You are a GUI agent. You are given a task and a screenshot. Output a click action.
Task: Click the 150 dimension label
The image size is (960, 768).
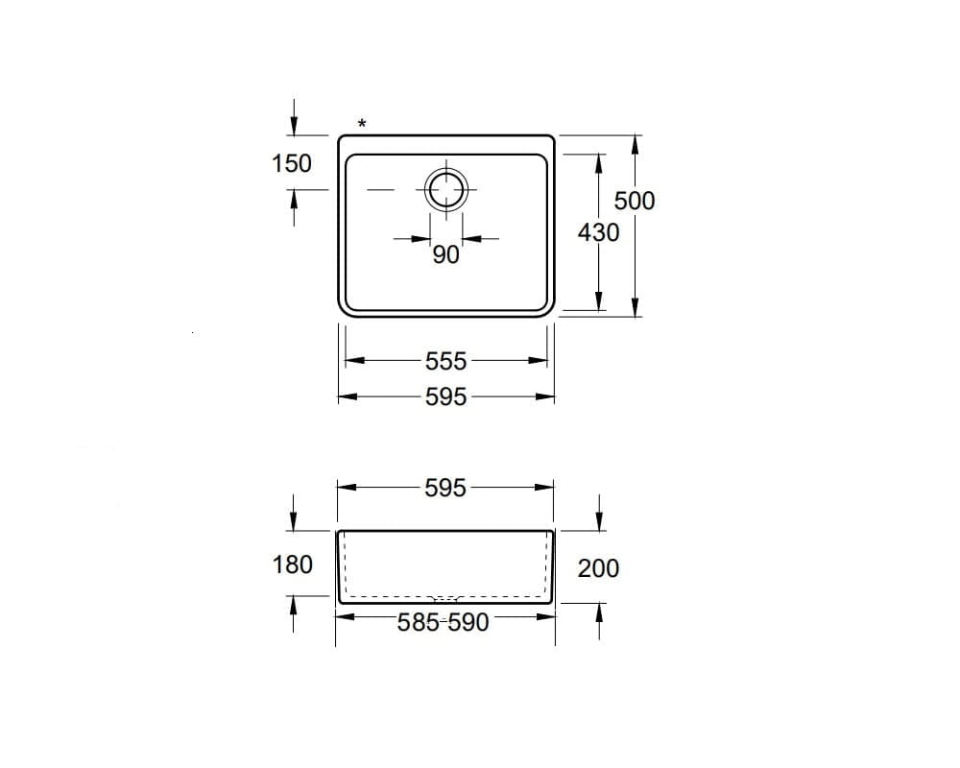pos(292,163)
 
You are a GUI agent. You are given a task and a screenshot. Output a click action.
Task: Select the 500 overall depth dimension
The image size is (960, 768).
pos(635,201)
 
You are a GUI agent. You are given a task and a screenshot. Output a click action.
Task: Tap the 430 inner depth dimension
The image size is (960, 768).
pos(598,232)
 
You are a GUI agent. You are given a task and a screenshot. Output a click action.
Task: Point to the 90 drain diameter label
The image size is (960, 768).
pos(445,254)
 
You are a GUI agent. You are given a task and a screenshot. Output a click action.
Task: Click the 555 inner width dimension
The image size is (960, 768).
pos(445,361)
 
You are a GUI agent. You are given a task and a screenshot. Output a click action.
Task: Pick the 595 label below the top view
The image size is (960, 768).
pos(445,396)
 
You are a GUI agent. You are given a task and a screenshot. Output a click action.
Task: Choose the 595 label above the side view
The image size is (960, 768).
pos(445,488)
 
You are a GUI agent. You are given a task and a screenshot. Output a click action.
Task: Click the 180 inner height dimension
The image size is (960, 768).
pos(292,564)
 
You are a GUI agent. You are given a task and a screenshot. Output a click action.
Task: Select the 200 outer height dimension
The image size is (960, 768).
pos(598,568)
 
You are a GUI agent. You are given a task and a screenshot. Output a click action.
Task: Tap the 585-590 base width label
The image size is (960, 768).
pos(443,622)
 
